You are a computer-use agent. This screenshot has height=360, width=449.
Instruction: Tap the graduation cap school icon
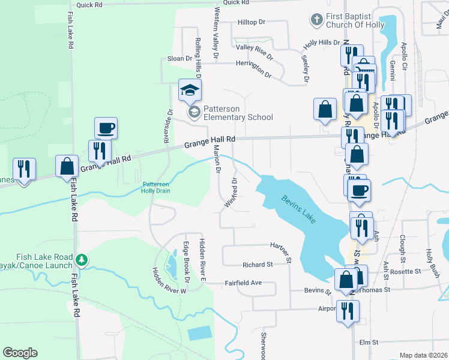[190, 91]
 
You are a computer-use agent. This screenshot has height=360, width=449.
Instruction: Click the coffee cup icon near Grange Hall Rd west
[106, 128]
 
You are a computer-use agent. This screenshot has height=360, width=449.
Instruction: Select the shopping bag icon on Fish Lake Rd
[67, 166]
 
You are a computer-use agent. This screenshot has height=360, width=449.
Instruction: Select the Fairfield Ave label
[244, 283]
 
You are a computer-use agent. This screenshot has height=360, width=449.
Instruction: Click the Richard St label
[258, 265]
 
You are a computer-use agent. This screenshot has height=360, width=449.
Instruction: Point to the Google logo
[20, 353]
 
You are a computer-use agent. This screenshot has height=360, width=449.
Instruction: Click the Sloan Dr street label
[179, 59]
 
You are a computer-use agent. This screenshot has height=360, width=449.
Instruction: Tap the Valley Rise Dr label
[255, 49]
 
